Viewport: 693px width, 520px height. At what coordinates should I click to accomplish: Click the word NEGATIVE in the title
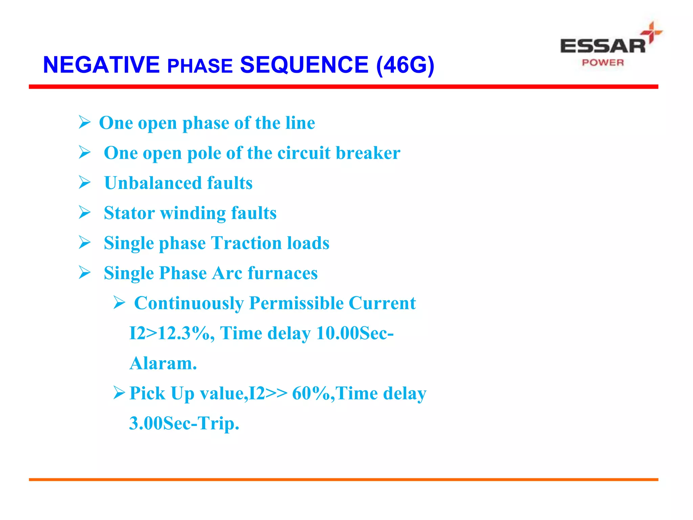coord(101,65)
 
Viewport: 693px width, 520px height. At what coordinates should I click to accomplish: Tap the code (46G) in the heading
coord(405,65)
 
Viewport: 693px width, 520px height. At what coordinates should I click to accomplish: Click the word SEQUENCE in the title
coord(304,65)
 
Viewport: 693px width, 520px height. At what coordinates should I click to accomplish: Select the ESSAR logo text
coord(603,46)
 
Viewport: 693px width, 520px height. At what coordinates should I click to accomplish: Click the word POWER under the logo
coord(603,63)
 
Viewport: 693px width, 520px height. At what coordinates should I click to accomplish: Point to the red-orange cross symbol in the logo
coord(651,32)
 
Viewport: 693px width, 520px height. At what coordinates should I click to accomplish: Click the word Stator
coord(129,213)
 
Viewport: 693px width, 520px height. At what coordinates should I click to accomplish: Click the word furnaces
coord(283,273)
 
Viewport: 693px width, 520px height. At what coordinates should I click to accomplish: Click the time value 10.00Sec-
coord(355,333)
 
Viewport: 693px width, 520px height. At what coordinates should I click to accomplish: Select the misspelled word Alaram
coord(163,363)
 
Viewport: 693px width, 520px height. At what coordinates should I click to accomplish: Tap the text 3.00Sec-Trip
coord(184,424)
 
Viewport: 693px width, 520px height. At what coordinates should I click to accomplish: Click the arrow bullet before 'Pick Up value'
coord(119,393)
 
